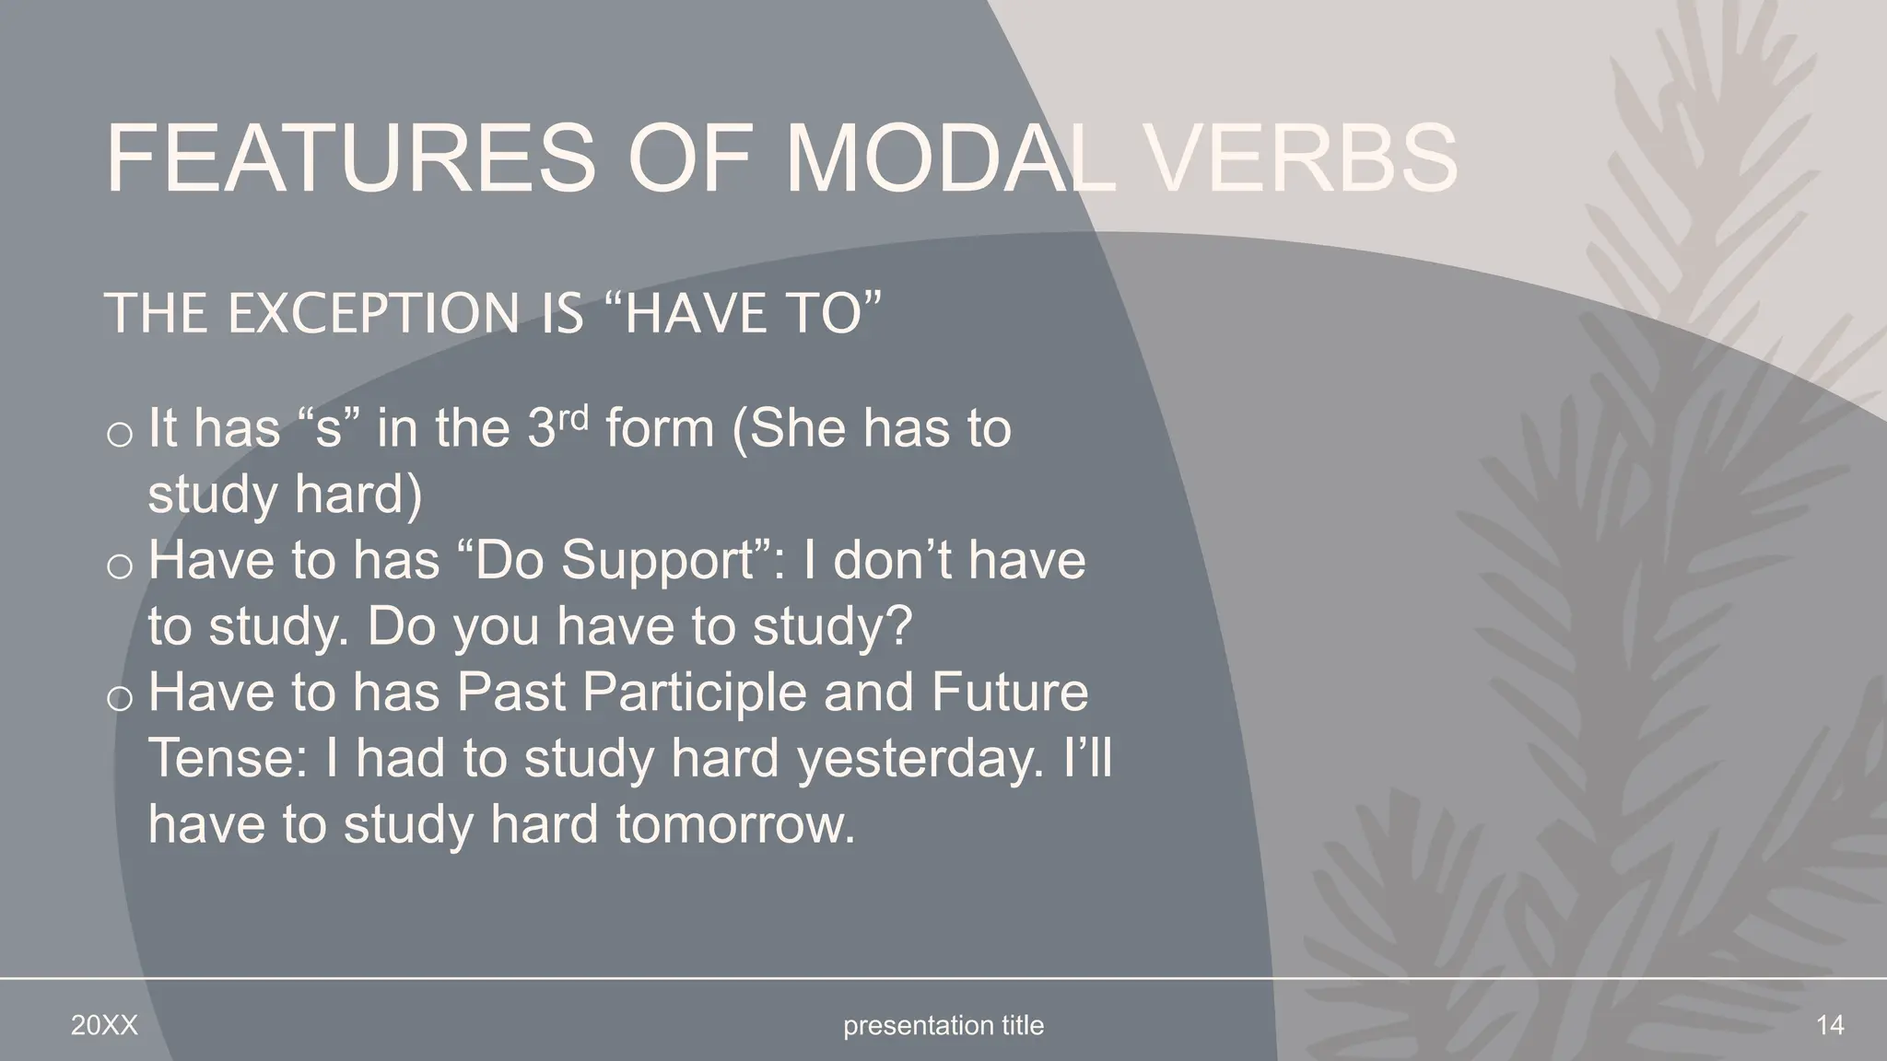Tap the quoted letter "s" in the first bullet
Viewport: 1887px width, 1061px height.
pyautogui.click(x=328, y=429)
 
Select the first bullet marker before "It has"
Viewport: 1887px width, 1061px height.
pyautogui.click(x=120, y=434)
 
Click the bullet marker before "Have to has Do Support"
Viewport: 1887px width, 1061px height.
pyautogui.click(x=120, y=565)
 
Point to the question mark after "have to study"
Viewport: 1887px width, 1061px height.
pyautogui.click(x=899, y=626)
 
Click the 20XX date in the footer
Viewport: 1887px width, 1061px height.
pyautogui.click(x=104, y=1025)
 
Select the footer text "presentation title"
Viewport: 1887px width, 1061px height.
pyautogui.click(x=943, y=1025)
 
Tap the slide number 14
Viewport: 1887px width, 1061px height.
pyautogui.click(x=1829, y=1025)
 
